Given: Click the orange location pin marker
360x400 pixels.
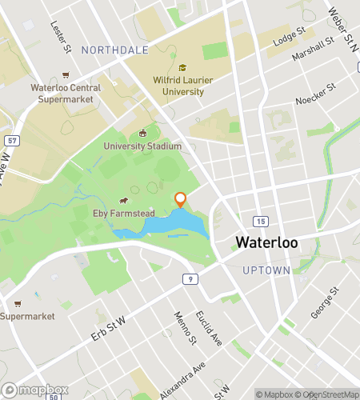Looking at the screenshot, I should tap(180, 199).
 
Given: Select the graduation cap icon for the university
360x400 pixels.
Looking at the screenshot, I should tap(182, 68).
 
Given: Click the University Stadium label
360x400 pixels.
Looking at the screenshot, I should tap(142, 146).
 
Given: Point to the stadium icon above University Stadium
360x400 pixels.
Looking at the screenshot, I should tap(142, 133).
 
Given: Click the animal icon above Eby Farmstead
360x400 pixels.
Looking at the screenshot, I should tap(124, 201).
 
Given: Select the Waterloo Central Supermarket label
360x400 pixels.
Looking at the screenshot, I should tap(66, 93).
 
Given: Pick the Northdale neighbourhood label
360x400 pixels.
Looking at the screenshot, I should tap(114, 50).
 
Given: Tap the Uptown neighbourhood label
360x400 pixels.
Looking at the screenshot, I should tap(266, 270).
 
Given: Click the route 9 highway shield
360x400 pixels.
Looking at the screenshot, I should tap(189, 278).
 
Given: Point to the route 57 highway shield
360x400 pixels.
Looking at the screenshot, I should tap(12, 141).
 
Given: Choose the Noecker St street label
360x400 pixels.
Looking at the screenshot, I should tap(312, 101).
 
